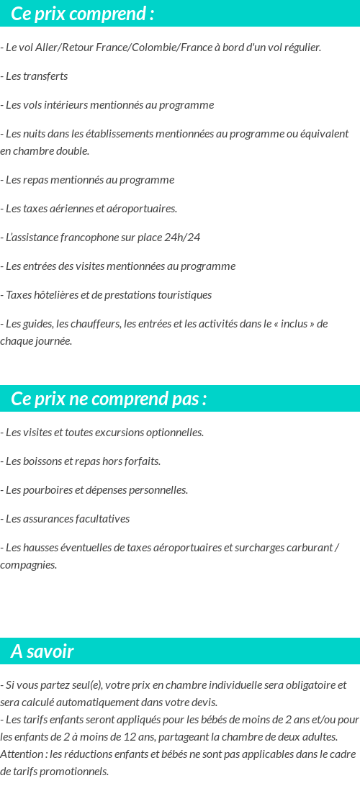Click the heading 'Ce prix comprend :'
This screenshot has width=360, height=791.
click(82, 14)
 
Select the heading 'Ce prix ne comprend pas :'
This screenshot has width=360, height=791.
click(109, 399)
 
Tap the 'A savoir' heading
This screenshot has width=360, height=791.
click(42, 651)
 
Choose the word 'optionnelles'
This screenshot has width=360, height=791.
click(174, 433)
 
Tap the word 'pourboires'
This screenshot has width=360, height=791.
click(46, 490)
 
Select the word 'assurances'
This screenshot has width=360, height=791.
click(48, 519)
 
